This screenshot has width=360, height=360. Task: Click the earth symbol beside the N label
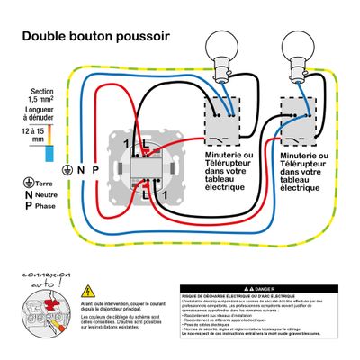[x=67, y=169]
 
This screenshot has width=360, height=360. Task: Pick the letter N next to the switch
[x=80, y=169]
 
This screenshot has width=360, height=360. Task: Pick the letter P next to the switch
[x=94, y=169]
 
